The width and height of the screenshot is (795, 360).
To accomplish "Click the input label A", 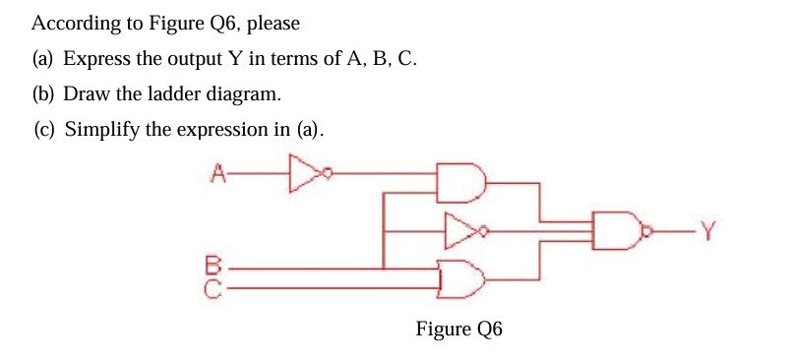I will pos(218,175).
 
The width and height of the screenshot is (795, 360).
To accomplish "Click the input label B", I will pos(210,265).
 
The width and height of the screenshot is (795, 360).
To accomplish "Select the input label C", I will pos(210,282).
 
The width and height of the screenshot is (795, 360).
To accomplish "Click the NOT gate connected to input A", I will pos(306,175).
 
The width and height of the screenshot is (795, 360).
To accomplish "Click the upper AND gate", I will pos(459,182).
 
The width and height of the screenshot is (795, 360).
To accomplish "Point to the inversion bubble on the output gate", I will pos(644,233).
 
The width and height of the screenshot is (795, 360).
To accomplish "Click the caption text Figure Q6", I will pos(459,329).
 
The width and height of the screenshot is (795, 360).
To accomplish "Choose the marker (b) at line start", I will pos(43,94).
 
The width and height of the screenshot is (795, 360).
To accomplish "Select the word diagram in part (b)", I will pos(242,94).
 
